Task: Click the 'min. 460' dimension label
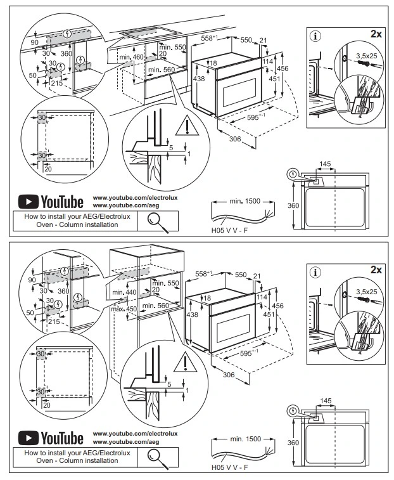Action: pyautogui.click(x=131, y=57)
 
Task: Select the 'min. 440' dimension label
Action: pyautogui.click(x=124, y=292)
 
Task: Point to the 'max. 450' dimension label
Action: pyautogui.click(x=124, y=309)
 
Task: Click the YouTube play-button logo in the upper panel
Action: pyautogui.click(x=29, y=202)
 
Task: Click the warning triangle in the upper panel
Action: pyautogui.click(x=187, y=127)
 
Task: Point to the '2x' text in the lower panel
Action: pyautogui.click(x=376, y=269)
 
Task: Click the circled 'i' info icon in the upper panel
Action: pyautogui.click(x=315, y=36)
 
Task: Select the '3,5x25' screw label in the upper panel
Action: pyautogui.click(x=367, y=56)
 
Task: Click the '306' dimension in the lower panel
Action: pyautogui.click(x=229, y=375)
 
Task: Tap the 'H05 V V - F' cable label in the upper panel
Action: pyautogui.click(x=229, y=230)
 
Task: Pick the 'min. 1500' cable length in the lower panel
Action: pyautogui.click(x=245, y=439)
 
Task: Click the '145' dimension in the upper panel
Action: pyautogui.click(x=325, y=164)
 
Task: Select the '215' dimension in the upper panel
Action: pyautogui.click(x=57, y=83)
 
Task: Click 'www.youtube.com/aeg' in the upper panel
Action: pyautogui.click(x=126, y=205)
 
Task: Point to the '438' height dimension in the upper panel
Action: pyautogui.click(x=199, y=79)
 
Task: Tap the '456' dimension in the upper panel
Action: pyautogui.click(x=283, y=68)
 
